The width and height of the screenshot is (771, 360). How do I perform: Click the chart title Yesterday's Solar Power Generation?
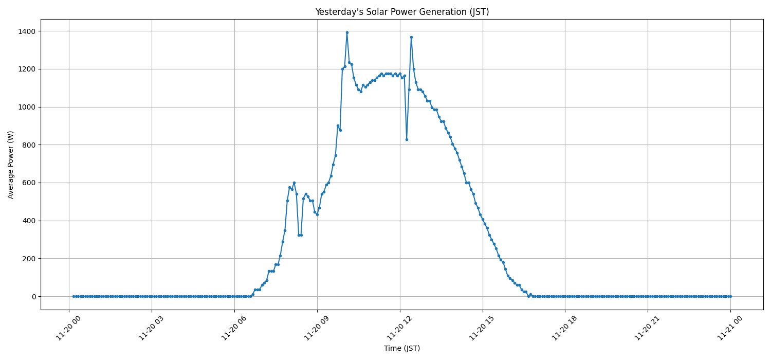pos(402,12)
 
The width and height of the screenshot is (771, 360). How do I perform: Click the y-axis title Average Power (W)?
pos(11,165)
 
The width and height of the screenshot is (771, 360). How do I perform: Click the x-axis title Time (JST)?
pos(402,348)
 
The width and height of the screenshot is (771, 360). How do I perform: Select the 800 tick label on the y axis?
pos(29,145)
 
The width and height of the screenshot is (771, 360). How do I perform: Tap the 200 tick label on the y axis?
pos(29,259)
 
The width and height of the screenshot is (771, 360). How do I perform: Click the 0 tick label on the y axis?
pos(34,297)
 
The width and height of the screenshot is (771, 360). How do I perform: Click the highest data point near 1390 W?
pos(347,32)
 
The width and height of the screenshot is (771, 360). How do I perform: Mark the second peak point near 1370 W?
pos(411,37)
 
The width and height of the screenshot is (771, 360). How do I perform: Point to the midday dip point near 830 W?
pos(407,139)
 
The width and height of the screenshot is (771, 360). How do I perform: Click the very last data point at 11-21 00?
pos(730,296)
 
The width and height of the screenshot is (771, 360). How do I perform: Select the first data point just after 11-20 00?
pos(74,296)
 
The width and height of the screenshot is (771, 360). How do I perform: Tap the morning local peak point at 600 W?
pos(294,183)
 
